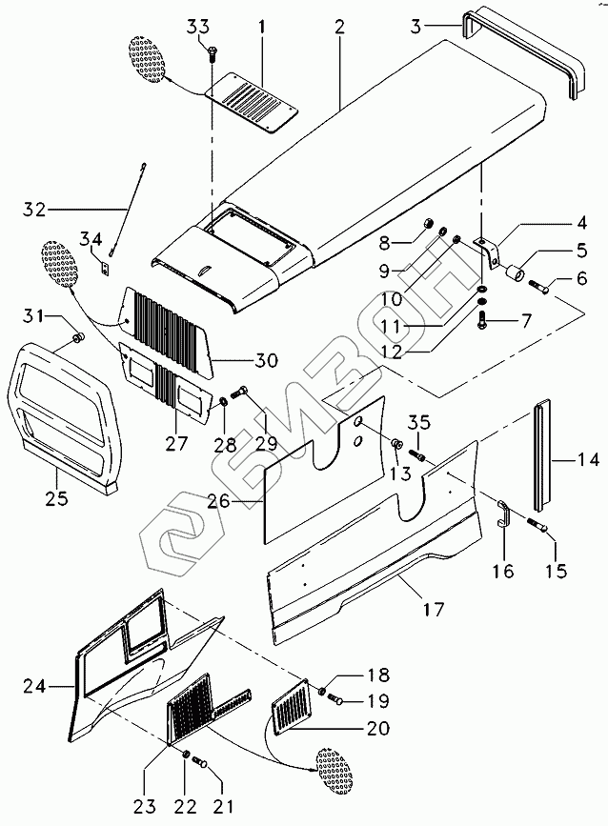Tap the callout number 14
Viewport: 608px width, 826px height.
pyautogui.click(x=587, y=460)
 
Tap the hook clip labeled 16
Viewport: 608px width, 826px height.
pyautogui.click(x=503, y=515)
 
